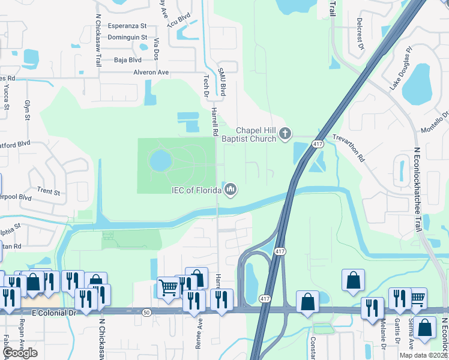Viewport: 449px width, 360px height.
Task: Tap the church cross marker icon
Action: coord(285,133)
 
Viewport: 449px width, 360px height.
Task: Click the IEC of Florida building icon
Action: coord(231,191)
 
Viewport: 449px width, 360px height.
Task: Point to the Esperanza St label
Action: coord(127,26)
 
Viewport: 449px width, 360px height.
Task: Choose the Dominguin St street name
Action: coord(128,37)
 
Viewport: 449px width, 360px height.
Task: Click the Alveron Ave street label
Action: coord(151,72)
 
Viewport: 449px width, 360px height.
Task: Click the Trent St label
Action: coord(48,192)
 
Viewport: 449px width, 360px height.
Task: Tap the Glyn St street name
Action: coord(27,110)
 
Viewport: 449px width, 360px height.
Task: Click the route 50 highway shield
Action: coord(146,312)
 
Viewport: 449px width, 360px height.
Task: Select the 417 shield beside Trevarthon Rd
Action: coord(318,145)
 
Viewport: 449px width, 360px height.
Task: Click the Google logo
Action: coord(20,353)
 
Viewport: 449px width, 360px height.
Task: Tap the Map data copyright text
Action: coord(423,355)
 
